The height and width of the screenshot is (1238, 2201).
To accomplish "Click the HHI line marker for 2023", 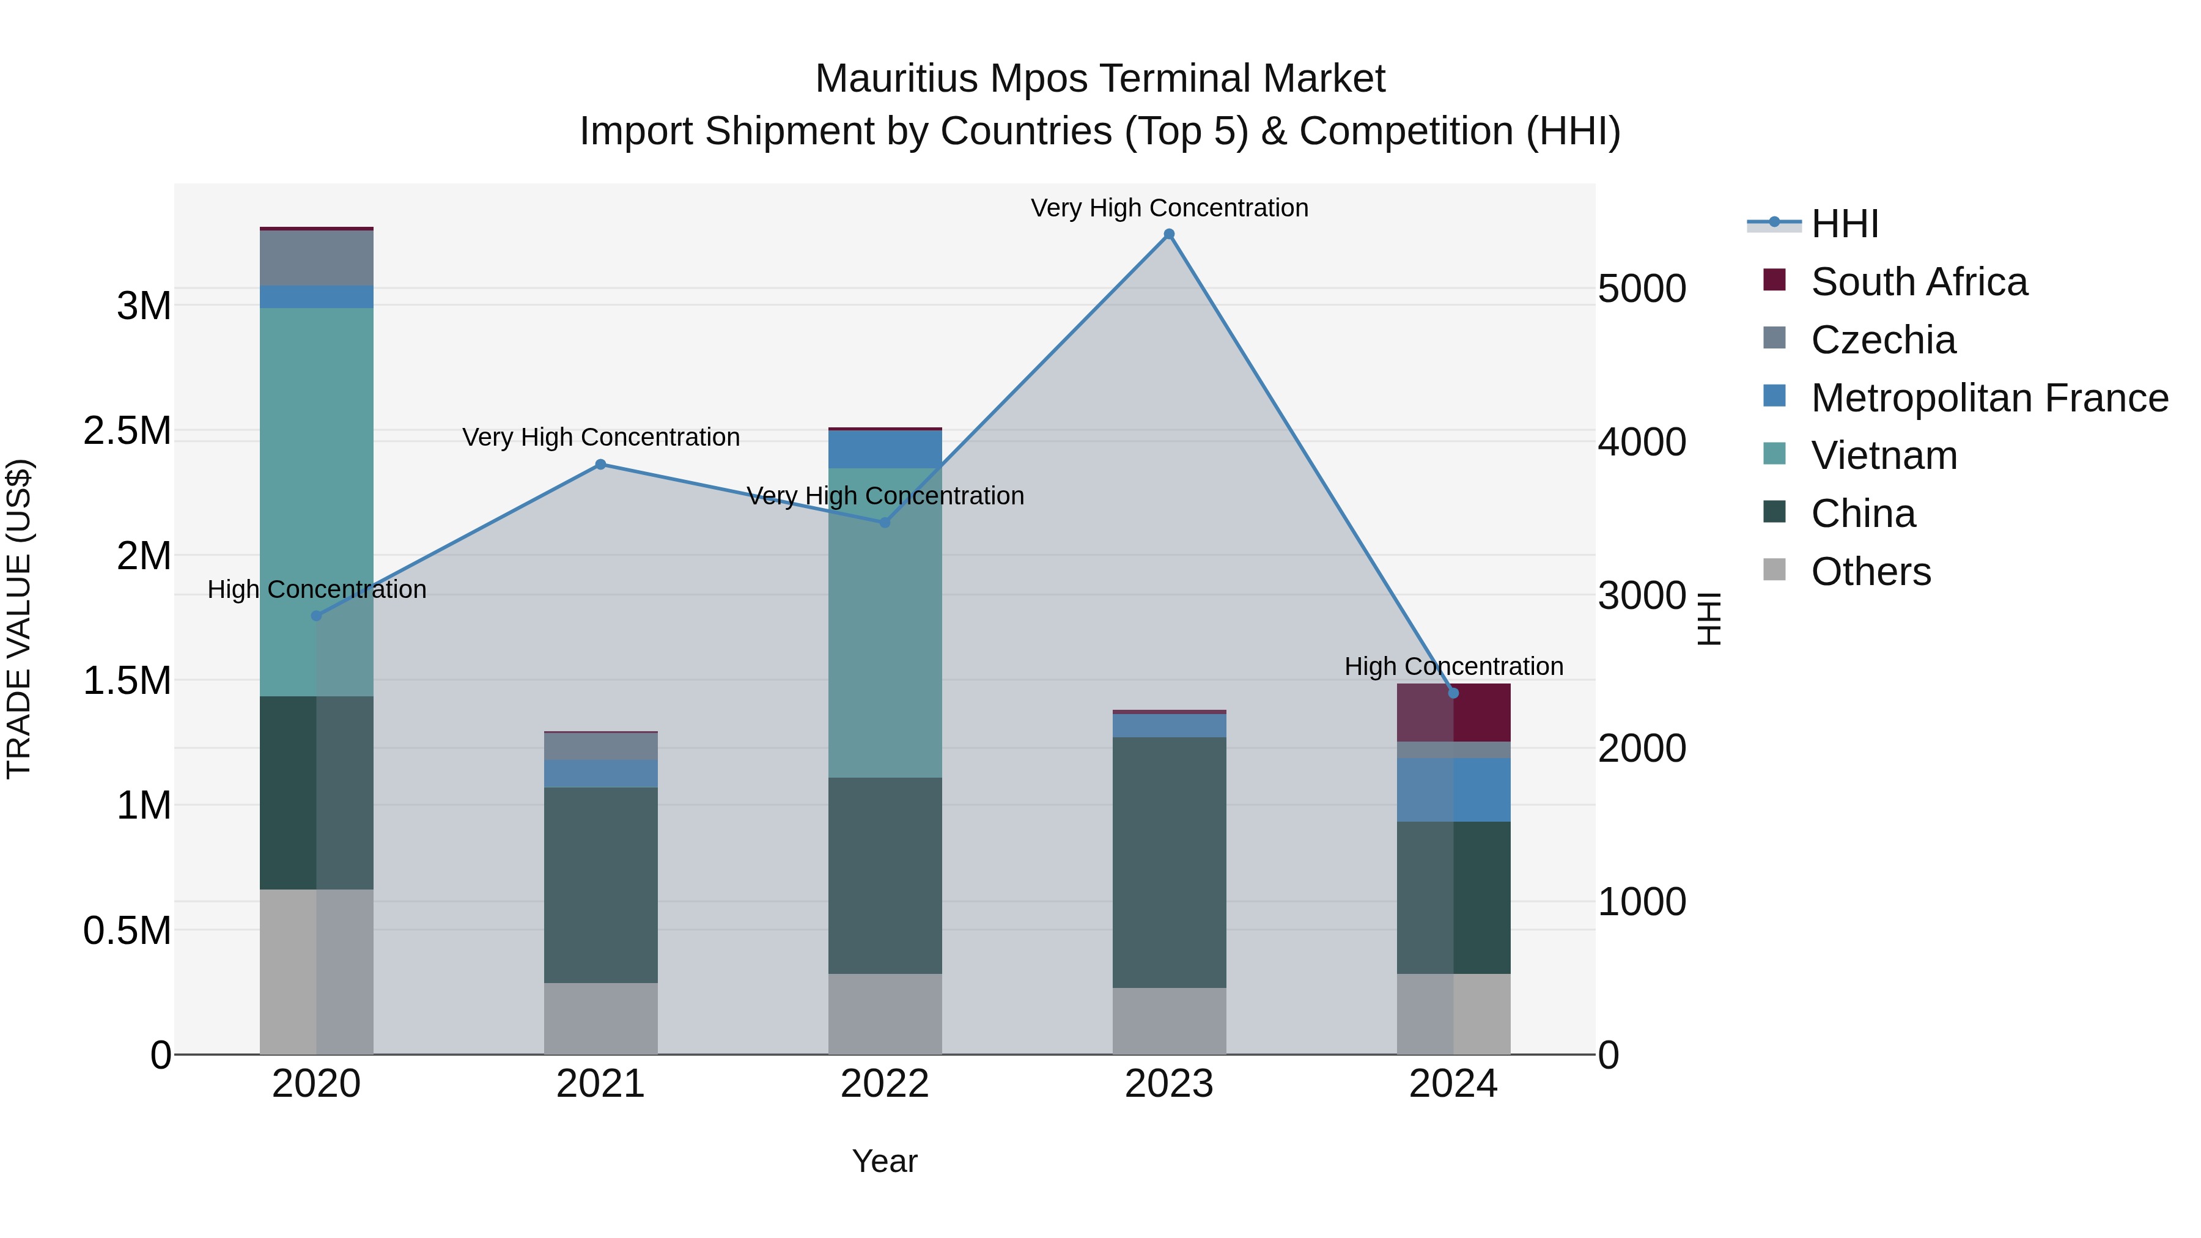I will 1169,234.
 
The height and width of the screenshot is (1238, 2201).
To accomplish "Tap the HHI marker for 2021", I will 600,465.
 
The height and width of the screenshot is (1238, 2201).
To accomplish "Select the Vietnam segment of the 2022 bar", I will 885,624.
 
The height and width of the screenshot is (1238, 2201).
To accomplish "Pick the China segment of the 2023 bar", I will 1169,863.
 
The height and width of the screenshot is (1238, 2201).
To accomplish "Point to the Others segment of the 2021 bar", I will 600,1019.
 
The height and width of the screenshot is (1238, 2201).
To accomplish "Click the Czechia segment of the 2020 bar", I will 316,258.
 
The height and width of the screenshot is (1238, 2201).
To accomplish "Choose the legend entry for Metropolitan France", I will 1989,398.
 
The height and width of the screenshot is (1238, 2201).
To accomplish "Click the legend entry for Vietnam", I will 1884,455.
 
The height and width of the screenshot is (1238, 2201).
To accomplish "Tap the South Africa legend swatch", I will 1775,280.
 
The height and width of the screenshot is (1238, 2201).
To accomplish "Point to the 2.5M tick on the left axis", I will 127,430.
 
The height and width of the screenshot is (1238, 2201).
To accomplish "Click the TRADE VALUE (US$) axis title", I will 19,619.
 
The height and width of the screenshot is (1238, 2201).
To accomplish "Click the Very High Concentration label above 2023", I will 1169,208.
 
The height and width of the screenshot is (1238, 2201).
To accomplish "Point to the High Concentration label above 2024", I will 1453,666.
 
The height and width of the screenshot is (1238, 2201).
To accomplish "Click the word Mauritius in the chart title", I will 896,79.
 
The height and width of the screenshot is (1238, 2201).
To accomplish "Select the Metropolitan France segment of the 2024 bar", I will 1453,789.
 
